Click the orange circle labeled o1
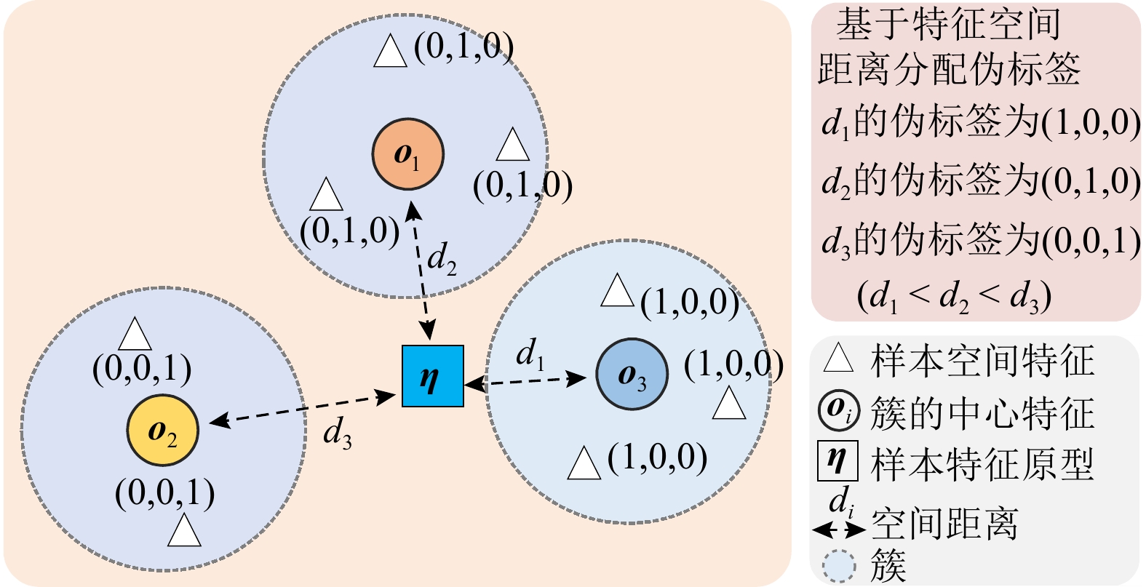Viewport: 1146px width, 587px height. (x=407, y=154)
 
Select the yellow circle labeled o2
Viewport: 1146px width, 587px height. (x=162, y=431)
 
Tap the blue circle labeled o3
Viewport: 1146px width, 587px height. (x=632, y=374)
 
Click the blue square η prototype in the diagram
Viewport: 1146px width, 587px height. (x=432, y=375)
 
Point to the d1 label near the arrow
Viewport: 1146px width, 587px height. (x=530, y=354)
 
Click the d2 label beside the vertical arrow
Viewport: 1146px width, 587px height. (x=442, y=258)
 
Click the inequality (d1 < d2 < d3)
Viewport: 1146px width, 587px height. (x=954, y=296)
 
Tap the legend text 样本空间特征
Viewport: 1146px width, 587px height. (x=982, y=361)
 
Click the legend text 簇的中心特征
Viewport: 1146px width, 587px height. (x=982, y=412)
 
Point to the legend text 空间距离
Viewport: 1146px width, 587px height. (x=944, y=523)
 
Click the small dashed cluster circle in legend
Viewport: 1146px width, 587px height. (x=839, y=566)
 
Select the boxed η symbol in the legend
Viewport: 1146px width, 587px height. (x=837, y=461)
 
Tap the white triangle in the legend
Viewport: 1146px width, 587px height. (x=837, y=359)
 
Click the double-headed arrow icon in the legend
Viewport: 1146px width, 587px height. (x=838, y=529)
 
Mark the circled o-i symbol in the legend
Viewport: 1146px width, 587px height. (x=839, y=410)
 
